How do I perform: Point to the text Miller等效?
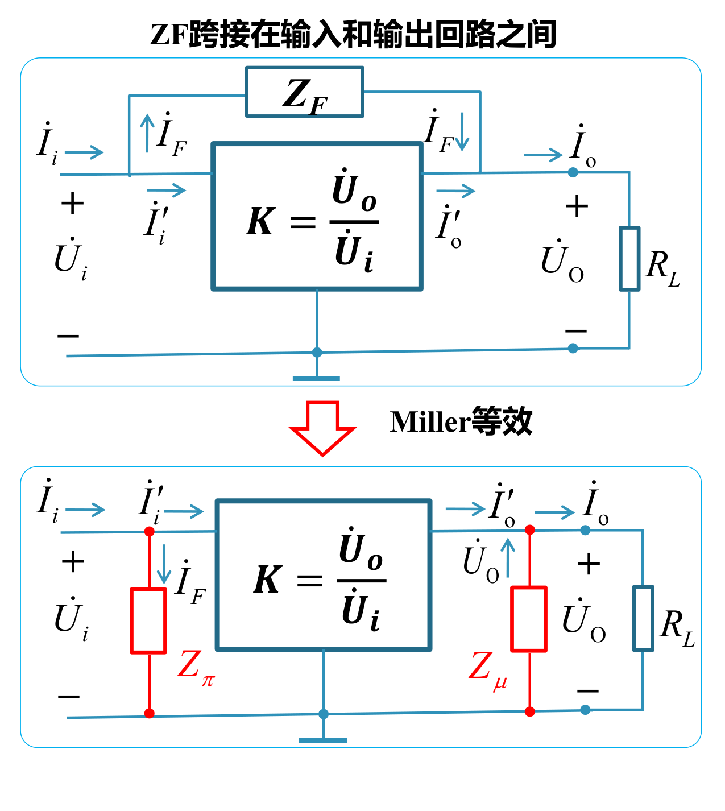461,421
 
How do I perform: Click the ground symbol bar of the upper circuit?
316,378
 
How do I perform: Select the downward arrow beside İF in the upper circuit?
462,132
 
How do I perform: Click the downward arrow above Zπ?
164,564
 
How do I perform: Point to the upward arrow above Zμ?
508,557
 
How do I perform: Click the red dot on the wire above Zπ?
150,532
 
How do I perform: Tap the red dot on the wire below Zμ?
529,711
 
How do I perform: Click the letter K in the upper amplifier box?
261,221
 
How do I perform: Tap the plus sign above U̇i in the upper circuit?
72,204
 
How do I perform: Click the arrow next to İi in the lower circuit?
85,510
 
